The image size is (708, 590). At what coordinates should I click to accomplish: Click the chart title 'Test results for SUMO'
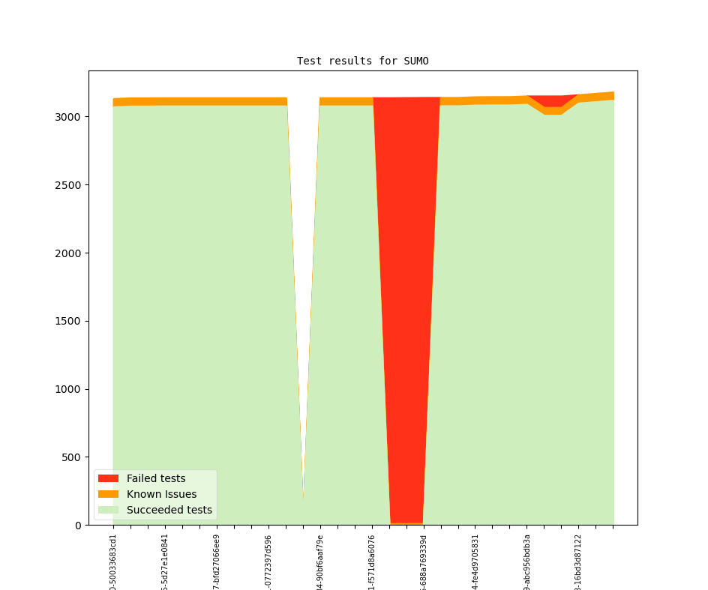point(362,61)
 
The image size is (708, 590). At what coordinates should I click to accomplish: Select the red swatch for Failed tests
point(108,478)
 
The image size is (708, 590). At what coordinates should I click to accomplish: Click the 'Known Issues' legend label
point(161,494)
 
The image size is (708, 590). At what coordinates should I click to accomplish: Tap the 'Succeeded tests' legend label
point(169,510)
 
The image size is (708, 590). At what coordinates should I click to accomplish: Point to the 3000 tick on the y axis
point(67,117)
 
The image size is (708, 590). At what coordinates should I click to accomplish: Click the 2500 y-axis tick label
point(67,185)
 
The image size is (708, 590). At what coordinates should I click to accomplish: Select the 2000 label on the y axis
point(67,253)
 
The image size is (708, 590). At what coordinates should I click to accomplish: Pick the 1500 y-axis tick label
point(67,321)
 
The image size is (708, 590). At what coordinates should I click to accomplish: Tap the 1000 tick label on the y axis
point(67,389)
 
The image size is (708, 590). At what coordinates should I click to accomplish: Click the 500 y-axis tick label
point(70,457)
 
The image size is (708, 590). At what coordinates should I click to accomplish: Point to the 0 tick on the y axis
point(77,525)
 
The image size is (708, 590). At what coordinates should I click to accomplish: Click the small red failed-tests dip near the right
point(553,100)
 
